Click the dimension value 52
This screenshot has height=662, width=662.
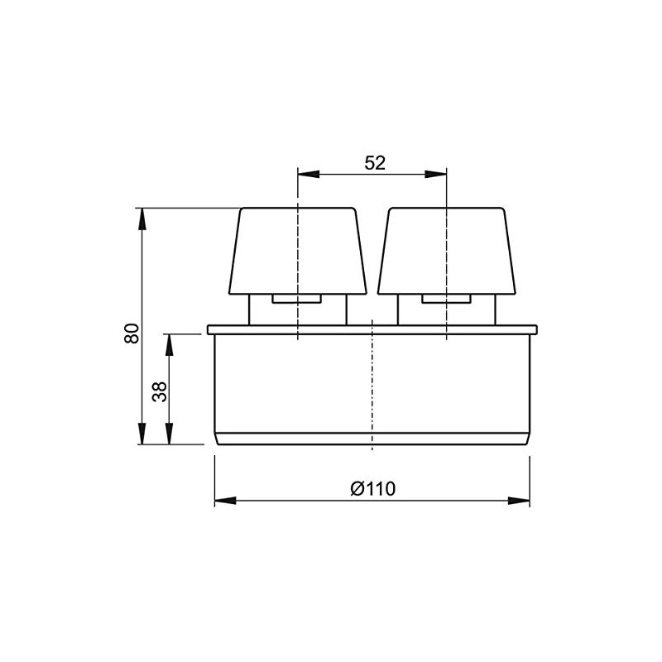tap(375, 163)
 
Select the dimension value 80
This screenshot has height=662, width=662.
tap(130, 333)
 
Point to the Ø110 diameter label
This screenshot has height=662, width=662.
tap(372, 488)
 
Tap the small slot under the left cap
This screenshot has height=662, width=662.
tap(296, 299)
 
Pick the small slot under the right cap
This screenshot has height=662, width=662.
tap(447, 299)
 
